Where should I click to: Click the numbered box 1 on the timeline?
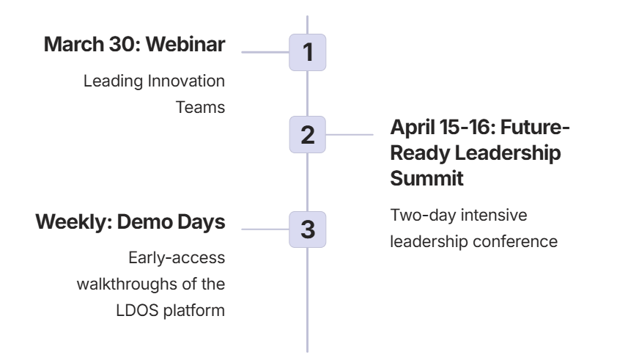tap(308, 53)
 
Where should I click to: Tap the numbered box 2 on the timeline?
tap(308, 135)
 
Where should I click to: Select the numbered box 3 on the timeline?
tap(308, 229)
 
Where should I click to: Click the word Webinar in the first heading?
tap(185, 44)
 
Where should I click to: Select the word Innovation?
tap(186, 81)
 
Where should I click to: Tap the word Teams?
tap(200, 108)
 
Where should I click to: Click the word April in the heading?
tap(412, 128)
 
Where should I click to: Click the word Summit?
tap(426, 178)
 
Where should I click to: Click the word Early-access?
tap(177, 258)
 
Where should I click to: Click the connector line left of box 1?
tap(265, 52)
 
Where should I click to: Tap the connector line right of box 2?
tap(350, 135)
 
